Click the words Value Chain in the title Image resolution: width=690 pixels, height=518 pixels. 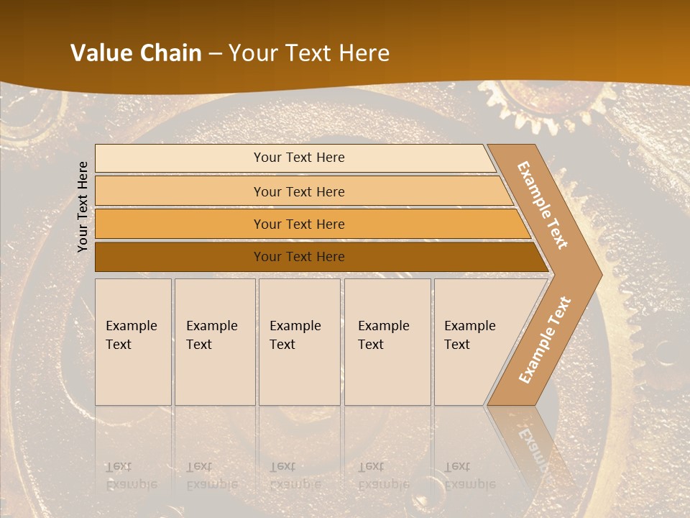click(136, 53)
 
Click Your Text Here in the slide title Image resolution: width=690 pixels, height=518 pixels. click(309, 53)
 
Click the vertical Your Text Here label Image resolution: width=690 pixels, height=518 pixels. click(83, 206)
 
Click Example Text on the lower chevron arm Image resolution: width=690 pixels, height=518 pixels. click(545, 340)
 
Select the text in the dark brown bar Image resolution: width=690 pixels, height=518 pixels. click(299, 257)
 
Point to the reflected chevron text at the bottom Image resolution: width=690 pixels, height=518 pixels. click(532, 442)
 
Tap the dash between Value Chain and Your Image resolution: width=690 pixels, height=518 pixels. click(215, 54)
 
